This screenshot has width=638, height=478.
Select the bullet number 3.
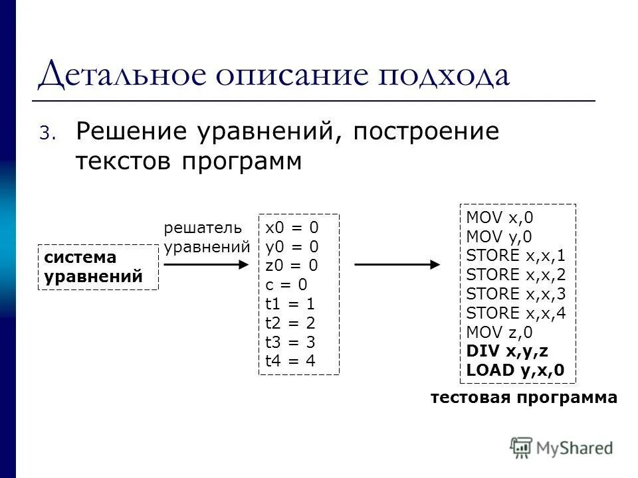[44, 133]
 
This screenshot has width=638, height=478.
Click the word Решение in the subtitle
[130, 131]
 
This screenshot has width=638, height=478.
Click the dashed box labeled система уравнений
[98, 267]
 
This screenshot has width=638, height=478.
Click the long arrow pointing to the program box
[397, 264]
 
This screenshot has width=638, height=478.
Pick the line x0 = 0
[291, 228]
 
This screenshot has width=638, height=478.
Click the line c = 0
[286, 285]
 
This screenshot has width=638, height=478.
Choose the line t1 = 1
[290, 304]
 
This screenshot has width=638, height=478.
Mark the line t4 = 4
[290, 361]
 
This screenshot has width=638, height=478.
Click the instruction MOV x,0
[499, 217]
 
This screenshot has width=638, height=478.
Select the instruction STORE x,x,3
[516, 293]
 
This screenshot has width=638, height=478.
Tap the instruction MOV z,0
[498, 332]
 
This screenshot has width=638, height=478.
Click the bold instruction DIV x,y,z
[507, 351]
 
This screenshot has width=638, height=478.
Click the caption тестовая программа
[524, 398]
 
